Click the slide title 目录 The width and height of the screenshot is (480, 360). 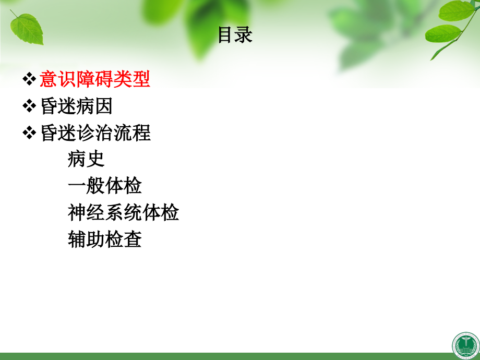[235, 35]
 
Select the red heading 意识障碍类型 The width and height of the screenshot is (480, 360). [95, 80]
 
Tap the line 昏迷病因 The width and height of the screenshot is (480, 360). [76, 106]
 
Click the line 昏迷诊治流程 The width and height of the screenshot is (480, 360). [95, 133]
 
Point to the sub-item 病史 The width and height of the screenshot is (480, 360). [86, 159]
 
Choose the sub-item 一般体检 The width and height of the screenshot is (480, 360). [104, 186]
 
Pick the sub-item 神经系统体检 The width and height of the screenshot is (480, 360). [123, 212]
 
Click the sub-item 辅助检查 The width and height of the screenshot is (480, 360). [104, 239]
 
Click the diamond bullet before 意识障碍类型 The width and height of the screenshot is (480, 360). [29, 80]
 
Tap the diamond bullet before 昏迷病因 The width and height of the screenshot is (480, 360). [29, 106]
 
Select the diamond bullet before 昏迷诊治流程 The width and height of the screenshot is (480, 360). [29, 133]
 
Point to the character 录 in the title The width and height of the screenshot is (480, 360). [244, 35]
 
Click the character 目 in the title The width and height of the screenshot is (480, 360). [225, 35]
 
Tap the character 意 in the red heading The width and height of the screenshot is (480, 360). [49, 80]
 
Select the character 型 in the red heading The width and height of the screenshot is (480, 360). [141, 80]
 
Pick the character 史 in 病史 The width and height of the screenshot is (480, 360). [95, 159]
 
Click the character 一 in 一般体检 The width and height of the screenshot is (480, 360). [77, 186]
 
